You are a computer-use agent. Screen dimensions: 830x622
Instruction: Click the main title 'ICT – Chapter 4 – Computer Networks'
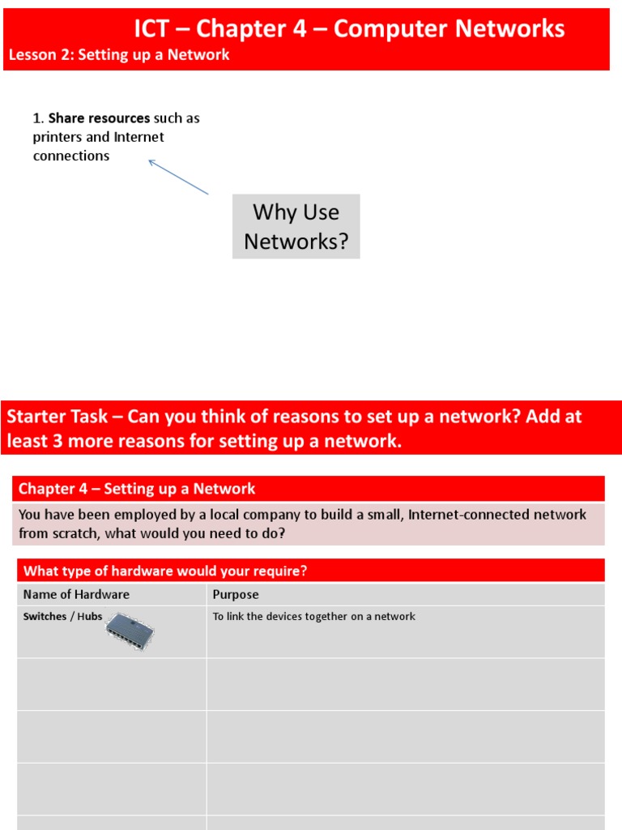tap(349, 28)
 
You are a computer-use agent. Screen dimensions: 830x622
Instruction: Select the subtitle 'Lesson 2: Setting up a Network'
tap(119, 55)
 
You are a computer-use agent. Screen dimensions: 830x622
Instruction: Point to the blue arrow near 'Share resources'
tap(178, 177)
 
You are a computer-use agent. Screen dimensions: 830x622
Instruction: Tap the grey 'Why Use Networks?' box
tap(296, 226)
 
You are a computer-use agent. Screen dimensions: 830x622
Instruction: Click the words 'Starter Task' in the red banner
tap(57, 417)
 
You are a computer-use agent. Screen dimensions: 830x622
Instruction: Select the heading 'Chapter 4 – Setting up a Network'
tap(137, 489)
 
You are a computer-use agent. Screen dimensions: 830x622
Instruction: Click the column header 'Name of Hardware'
tap(76, 594)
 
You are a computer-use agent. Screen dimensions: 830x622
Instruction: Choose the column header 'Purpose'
tap(236, 594)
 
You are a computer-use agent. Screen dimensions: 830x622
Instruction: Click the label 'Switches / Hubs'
tap(62, 617)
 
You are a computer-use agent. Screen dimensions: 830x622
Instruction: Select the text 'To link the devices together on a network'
tap(314, 617)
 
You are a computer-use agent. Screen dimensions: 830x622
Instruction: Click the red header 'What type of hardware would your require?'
tap(165, 571)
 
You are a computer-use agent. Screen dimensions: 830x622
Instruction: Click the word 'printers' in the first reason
tap(58, 137)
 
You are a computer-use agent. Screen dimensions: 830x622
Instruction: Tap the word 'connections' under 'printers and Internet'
tap(71, 156)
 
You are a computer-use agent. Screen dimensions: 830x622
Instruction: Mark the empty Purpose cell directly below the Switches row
tap(405, 684)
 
